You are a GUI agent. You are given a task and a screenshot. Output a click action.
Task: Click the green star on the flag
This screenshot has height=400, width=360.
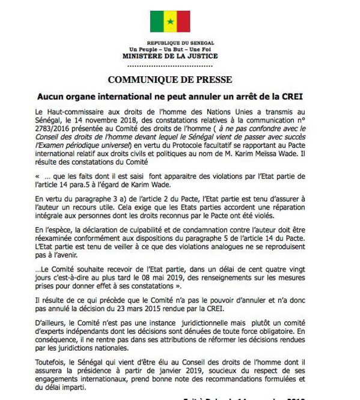[170, 22]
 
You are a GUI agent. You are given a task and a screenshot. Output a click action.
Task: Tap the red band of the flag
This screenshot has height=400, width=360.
[183, 22]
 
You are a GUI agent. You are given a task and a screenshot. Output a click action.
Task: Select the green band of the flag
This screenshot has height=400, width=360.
[157, 22]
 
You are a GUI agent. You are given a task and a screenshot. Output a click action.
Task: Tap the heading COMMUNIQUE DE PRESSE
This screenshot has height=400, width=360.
[169, 80]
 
